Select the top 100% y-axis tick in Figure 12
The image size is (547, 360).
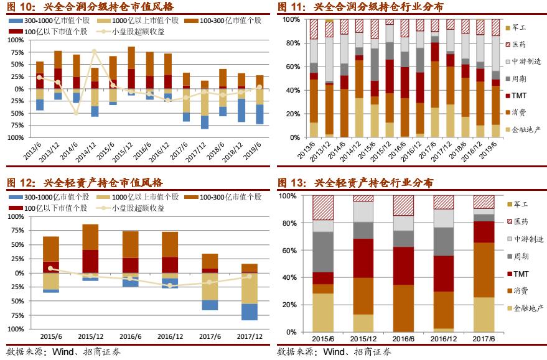[15, 218]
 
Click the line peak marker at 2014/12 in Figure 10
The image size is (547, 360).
[95, 51]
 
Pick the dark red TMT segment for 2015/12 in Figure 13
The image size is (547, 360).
[363, 258]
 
